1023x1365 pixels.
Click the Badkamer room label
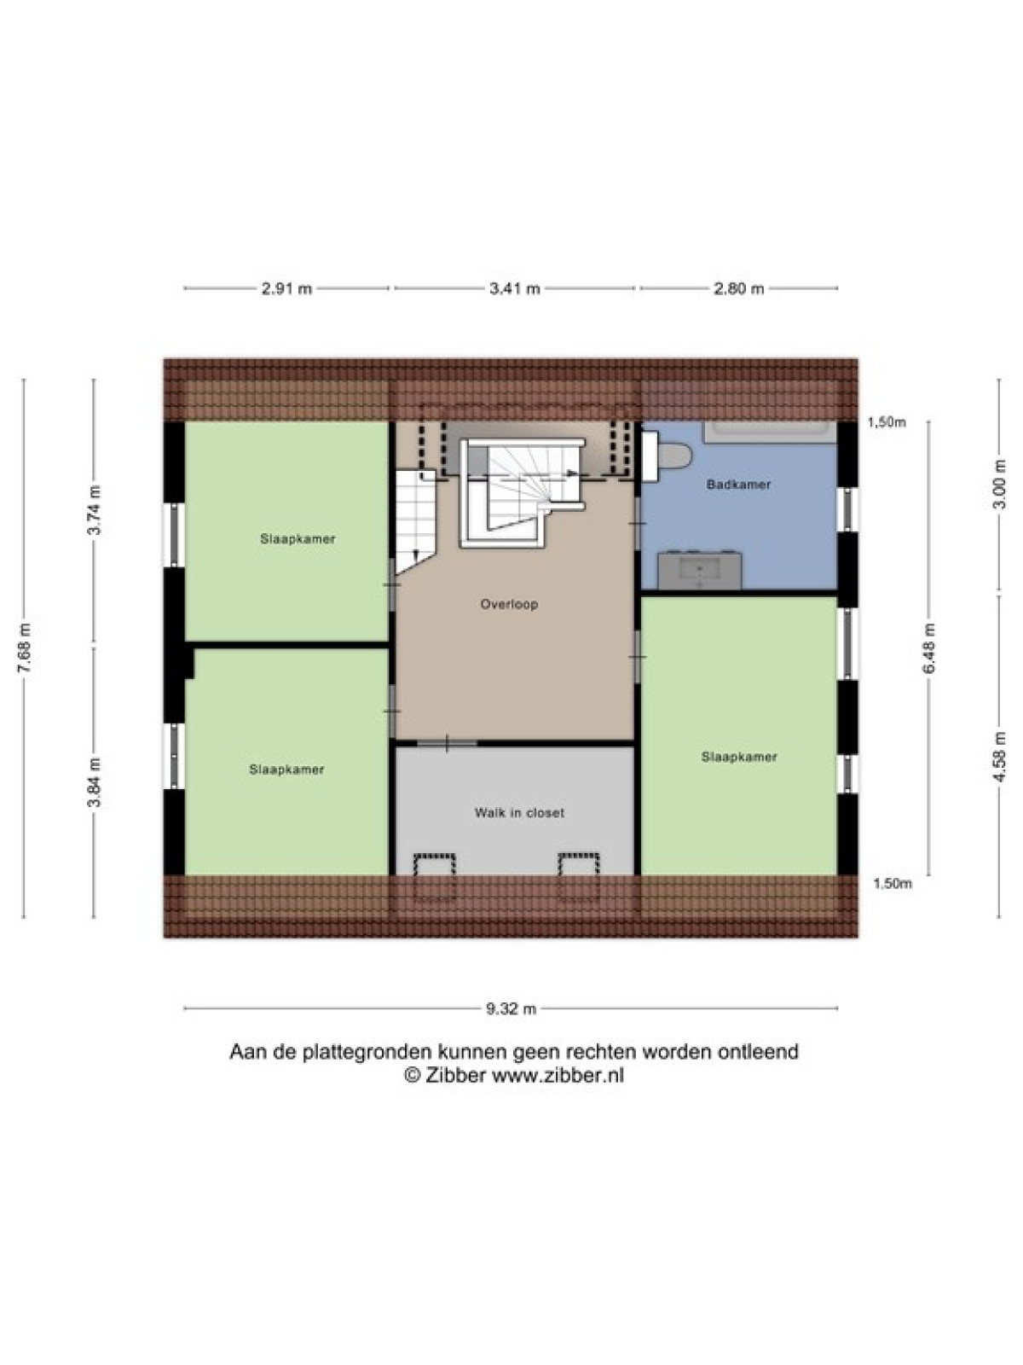pos(738,485)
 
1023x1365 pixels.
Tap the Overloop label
pos(509,604)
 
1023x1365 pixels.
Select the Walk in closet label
pos(519,813)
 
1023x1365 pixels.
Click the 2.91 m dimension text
pos(286,288)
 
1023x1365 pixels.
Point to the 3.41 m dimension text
pos(514,288)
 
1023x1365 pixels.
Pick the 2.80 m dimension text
pos(738,288)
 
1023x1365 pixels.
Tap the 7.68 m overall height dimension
pos(24,648)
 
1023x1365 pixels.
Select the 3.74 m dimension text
pos(95,510)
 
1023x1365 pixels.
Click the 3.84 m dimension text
pos(95,781)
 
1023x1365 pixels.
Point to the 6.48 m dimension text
pos(929,648)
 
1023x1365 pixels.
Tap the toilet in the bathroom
pos(667,457)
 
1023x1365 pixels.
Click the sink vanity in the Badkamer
pos(700,570)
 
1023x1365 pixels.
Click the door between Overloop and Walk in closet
pos(448,743)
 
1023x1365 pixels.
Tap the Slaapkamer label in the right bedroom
pos(739,757)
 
